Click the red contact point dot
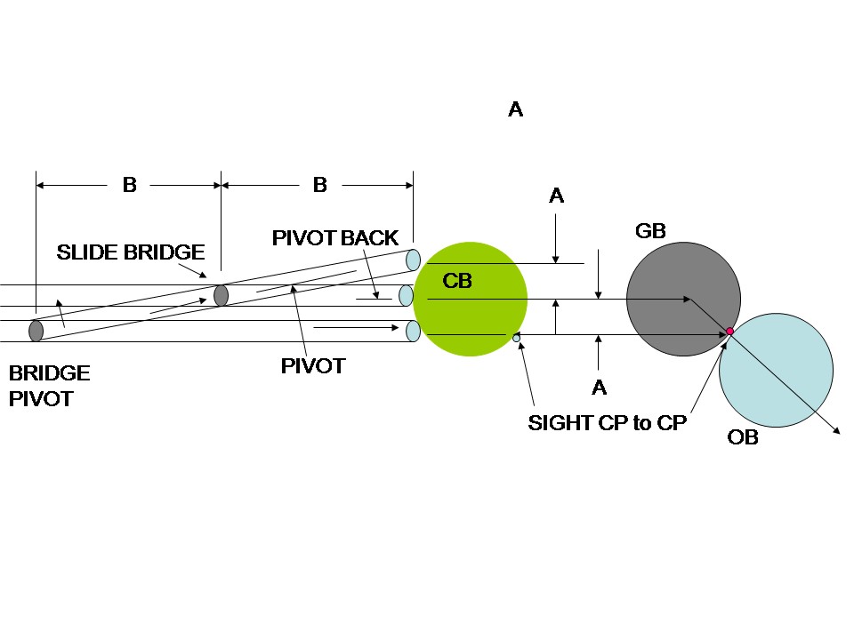[x=729, y=332]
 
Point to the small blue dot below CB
[x=516, y=338]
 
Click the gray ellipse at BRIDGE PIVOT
[x=36, y=331]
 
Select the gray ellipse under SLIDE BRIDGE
[x=221, y=295]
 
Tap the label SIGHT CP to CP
[x=607, y=423]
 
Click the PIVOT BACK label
[x=335, y=238]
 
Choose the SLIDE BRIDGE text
[x=131, y=252]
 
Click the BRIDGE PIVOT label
[x=49, y=386]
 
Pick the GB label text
[x=650, y=231]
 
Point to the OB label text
[x=743, y=437]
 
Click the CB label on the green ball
[x=456, y=282]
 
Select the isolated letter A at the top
[x=515, y=109]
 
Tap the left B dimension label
[x=129, y=185]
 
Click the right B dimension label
[x=319, y=185]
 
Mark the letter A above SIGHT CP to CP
[x=599, y=388]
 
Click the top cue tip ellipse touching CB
[x=413, y=260]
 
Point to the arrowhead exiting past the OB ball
[x=838, y=432]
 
